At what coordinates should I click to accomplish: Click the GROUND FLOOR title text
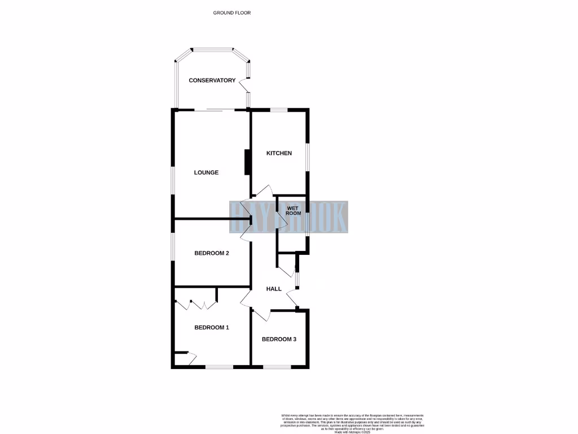232,12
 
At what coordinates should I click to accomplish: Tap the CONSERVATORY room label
212,80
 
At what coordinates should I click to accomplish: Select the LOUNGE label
206,172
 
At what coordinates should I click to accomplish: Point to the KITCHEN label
279,153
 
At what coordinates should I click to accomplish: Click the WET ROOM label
294,211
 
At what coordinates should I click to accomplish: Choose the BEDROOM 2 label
211,253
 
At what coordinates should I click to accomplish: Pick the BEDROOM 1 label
211,328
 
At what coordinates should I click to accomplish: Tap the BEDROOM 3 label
279,340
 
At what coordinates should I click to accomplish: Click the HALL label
274,289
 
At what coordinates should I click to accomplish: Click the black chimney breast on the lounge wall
247,162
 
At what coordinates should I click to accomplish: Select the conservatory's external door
244,86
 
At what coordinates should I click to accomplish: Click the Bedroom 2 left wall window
173,249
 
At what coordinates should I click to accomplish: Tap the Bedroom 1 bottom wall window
219,367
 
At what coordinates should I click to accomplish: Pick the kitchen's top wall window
278,109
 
